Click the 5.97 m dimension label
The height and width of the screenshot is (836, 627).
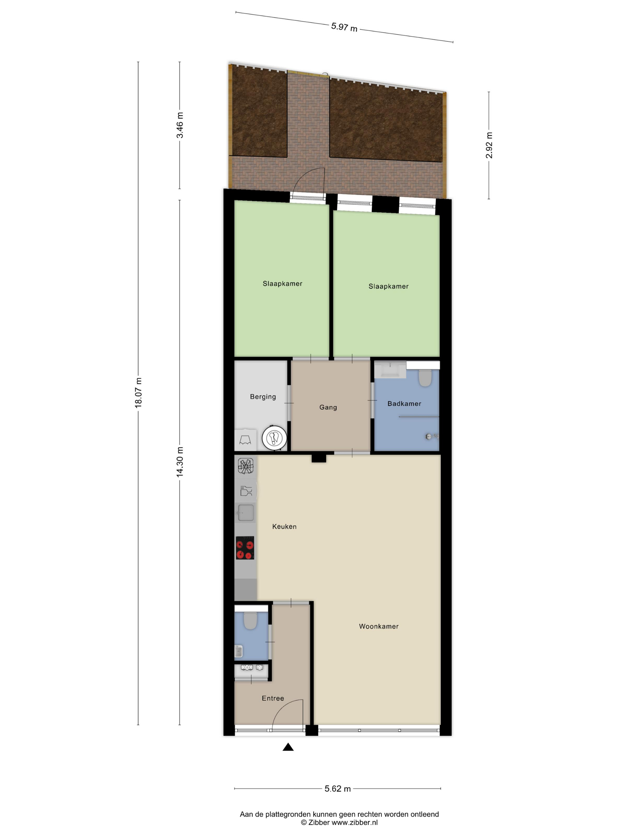[x=344, y=27]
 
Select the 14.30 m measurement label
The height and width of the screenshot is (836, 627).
[x=180, y=462]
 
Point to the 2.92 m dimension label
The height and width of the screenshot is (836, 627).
[x=489, y=145]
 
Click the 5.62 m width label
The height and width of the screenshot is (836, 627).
[x=337, y=789]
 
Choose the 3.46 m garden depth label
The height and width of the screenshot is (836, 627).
[x=180, y=125]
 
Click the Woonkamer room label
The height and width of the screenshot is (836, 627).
[x=379, y=626]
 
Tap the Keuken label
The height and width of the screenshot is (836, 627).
[x=284, y=526]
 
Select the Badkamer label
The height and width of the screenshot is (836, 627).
[x=404, y=404]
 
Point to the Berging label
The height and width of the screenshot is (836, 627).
[x=263, y=397]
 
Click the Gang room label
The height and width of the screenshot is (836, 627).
[x=328, y=408]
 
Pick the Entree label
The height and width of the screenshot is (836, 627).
[x=273, y=698]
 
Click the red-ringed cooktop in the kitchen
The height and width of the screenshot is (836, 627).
[x=245, y=548]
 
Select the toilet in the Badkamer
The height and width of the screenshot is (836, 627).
[x=425, y=378]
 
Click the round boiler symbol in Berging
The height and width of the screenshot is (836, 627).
[x=274, y=438]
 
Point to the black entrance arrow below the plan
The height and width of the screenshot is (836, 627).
[x=288, y=747]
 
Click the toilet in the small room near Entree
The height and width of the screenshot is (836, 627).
[x=250, y=620]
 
